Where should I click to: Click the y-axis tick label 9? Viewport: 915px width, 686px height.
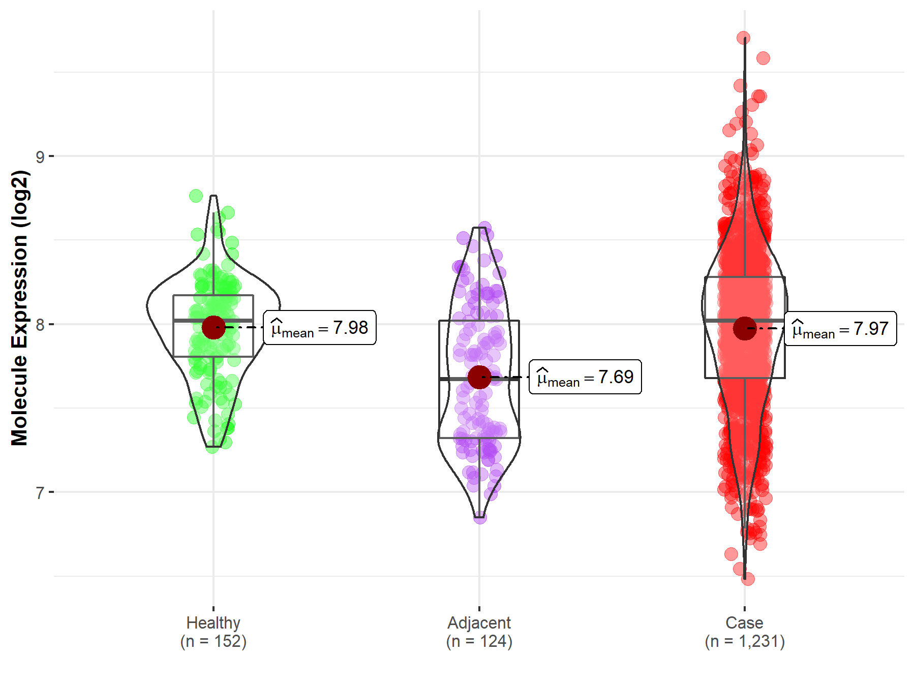[x=40, y=157]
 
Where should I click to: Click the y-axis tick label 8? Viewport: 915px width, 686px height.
[x=40, y=325]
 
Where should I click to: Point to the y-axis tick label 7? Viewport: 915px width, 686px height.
[x=40, y=492]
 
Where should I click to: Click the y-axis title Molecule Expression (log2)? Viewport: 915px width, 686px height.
[x=19, y=308]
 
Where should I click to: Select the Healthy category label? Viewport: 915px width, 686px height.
[x=213, y=622]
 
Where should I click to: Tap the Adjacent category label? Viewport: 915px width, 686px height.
[x=479, y=622]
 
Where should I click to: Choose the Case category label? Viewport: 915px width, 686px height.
[x=744, y=622]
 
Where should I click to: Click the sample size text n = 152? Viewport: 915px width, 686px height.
[x=213, y=641]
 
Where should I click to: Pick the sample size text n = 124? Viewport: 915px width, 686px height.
[x=479, y=641]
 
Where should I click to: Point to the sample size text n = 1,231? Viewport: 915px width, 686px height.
[x=744, y=641]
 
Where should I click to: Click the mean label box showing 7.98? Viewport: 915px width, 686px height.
[x=320, y=328]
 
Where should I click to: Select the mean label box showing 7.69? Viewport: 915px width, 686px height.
[x=585, y=377]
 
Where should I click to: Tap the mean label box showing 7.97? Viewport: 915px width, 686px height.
[x=840, y=329]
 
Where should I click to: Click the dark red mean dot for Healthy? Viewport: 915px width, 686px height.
[x=213, y=327]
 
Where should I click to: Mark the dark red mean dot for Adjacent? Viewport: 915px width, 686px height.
[x=479, y=377]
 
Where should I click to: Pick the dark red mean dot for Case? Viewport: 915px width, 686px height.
[x=745, y=328]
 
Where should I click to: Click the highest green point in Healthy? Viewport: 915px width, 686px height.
[x=196, y=196]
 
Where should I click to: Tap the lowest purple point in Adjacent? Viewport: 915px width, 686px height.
[x=480, y=517]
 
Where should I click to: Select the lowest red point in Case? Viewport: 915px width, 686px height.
[x=747, y=579]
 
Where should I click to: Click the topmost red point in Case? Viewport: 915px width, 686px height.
[x=743, y=38]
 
